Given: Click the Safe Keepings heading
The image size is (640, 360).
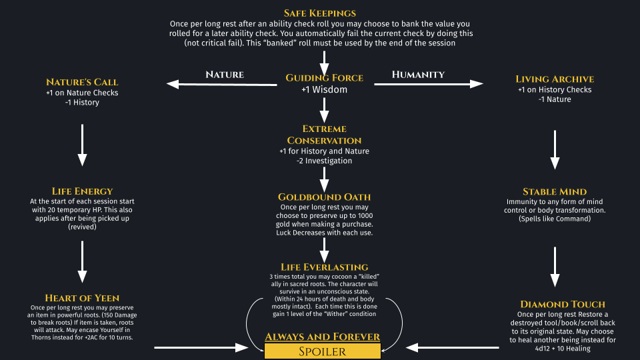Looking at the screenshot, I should (x=319, y=13).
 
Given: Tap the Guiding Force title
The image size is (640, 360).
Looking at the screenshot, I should (x=324, y=78).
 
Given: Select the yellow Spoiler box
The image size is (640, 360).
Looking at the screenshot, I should (x=322, y=351).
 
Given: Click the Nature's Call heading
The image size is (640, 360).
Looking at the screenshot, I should (x=82, y=82).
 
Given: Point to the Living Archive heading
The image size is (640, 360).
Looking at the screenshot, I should (x=555, y=79).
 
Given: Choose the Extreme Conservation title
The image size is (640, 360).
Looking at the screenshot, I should (x=324, y=134).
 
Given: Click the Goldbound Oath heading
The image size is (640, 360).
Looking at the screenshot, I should (x=324, y=197).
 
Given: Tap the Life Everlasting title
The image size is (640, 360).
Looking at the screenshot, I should (x=324, y=267).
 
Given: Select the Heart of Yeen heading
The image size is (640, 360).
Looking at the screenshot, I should (x=82, y=298).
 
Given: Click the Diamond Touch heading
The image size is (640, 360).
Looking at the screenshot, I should (x=563, y=304).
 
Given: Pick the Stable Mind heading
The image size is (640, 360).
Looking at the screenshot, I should (x=555, y=191).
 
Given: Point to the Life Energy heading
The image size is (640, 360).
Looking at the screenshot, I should (x=82, y=191).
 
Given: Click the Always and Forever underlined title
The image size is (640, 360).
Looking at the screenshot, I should (x=322, y=337).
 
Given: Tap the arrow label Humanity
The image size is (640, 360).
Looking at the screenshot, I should (x=418, y=74).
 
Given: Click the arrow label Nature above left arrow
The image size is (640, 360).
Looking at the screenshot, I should (x=225, y=74).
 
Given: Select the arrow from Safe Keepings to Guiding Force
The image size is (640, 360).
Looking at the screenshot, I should (x=324, y=63).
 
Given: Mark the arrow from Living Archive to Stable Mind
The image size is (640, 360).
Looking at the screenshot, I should (x=555, y=150).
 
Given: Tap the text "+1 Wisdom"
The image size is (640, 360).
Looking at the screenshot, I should (x=324, y=90).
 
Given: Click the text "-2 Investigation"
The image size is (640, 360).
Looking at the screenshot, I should (x=324, y=161).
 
